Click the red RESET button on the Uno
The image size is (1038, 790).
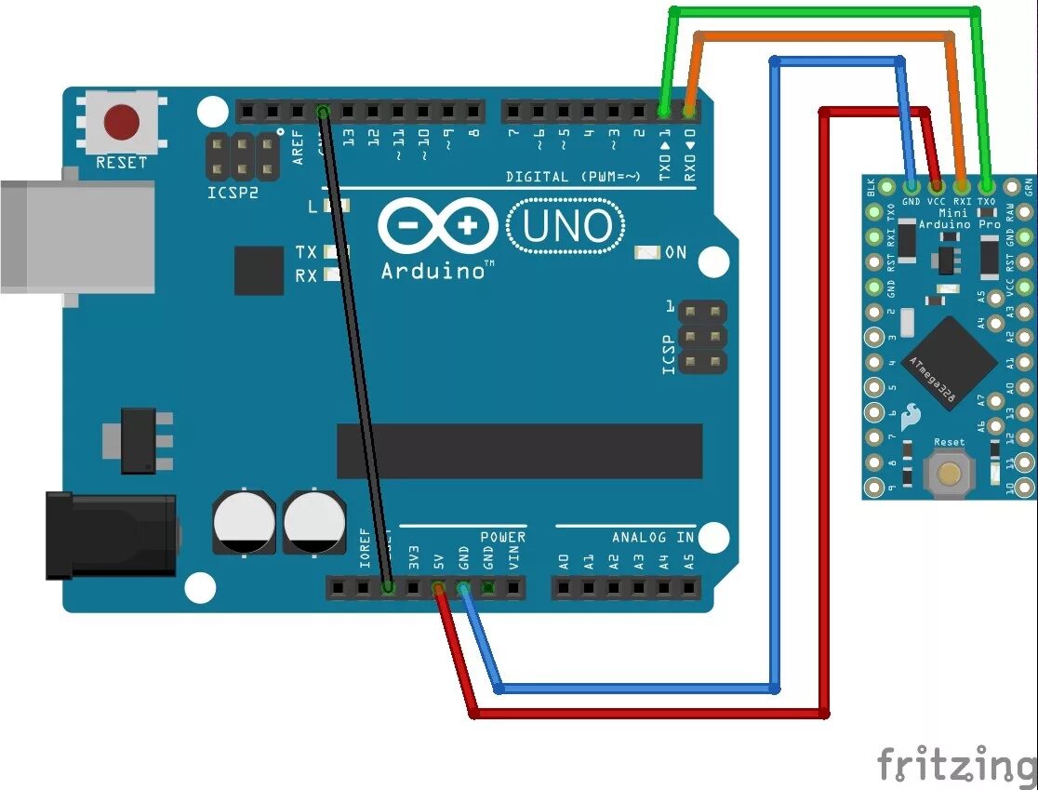(122, 122)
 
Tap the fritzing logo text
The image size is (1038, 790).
(956, 765)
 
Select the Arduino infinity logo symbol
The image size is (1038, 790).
(437, 226)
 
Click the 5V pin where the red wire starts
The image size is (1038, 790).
(438, 588)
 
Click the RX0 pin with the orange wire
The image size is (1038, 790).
(689, 112)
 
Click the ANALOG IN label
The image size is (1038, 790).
(653, 538)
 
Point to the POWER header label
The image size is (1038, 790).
(502, 538)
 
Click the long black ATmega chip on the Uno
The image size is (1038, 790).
(519, 451)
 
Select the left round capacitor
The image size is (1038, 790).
(244, 524)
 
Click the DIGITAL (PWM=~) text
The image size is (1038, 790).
(573, 176)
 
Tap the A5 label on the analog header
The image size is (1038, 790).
(688, 561)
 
